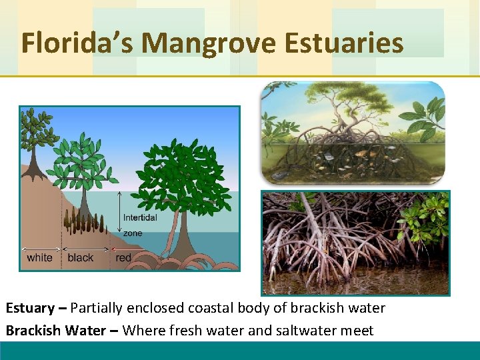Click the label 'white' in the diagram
click(39, 258)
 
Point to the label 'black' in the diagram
click(81, 258)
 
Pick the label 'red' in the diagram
click(123, 258)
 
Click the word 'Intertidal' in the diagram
click(140, 217)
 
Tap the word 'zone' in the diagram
click(132, 233)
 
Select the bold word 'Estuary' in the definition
click(30, 308)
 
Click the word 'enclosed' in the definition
click(157, 308)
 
